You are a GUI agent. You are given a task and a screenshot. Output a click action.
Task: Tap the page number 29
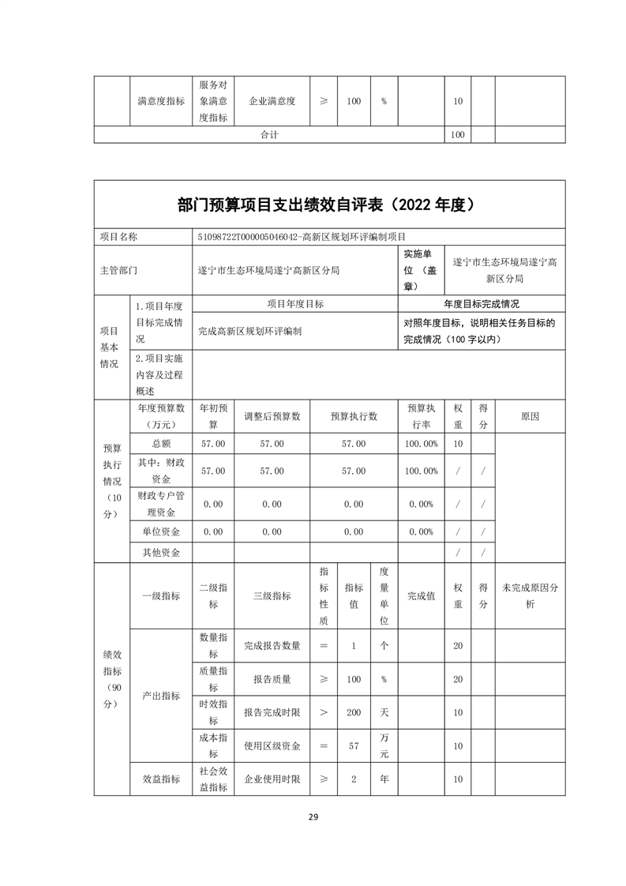[313, 817]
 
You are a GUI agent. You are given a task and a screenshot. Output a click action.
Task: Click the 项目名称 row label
[118, 236]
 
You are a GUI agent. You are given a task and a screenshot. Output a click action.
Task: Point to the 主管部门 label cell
[118, 269]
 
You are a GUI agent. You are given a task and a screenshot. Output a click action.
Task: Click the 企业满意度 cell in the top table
[272, 101]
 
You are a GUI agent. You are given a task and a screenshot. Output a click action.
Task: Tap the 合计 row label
[269, 135]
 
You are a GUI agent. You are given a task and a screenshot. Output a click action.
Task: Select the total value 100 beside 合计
[457, 135]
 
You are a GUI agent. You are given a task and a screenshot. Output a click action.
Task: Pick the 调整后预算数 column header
[272, 416]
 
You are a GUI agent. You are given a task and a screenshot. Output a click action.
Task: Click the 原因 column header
[530, 416]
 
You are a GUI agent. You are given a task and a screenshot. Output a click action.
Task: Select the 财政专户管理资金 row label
[161, 504]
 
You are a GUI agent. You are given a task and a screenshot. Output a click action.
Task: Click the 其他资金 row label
[161, 553]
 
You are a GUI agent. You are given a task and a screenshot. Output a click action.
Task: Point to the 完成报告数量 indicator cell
[272, 646]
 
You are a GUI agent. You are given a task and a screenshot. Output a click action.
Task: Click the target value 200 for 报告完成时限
[354, 712]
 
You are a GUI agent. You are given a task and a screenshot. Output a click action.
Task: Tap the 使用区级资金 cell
[272, 745]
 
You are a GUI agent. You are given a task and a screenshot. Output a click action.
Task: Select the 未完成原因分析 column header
[530, 596]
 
